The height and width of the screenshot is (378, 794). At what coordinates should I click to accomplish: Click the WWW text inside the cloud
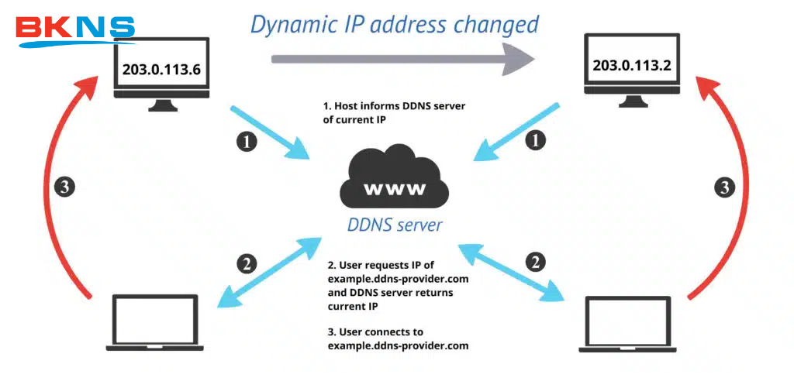[395, 189]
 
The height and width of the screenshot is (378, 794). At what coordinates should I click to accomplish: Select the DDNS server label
[395, 225]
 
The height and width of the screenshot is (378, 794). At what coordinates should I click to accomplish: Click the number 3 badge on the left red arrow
[65, 187]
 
